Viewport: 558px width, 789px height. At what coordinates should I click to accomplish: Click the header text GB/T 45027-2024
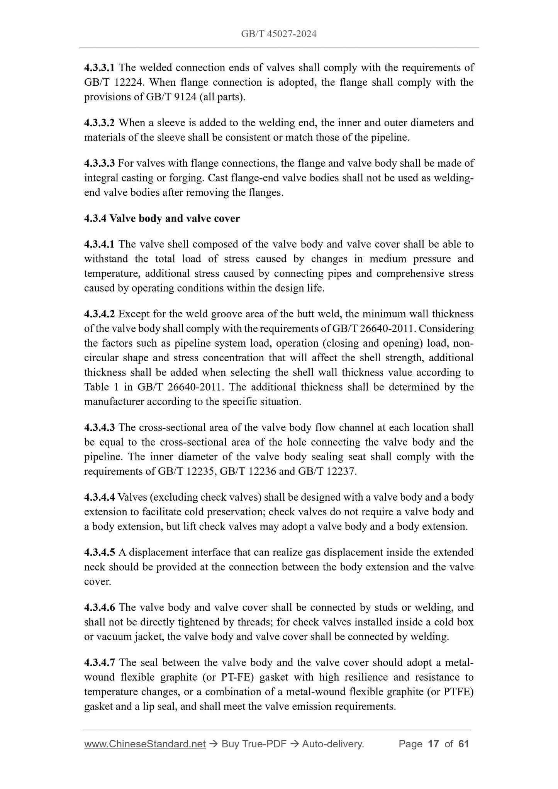[x=279, y=34]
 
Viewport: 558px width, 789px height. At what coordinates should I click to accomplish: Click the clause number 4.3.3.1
[x=99, y=68]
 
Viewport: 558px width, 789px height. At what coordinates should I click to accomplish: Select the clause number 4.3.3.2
[x=99, y=123]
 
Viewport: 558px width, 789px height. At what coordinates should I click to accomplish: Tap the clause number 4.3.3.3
[x=99, y=163]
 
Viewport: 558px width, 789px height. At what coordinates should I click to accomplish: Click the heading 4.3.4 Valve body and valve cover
[x=162, y=218]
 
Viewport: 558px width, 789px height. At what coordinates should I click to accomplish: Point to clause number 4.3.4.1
[x=99, y=244]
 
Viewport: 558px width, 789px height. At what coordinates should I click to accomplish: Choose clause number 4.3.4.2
[x=99, y=314]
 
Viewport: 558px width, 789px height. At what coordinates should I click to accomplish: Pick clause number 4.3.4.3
[x=99, y=427]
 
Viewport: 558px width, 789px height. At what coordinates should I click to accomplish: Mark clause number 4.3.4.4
[x=99, y=497]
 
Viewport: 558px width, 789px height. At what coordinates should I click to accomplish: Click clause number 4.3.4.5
[x=99, y=552]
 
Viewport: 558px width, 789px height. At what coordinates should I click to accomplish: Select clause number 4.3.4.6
[x=99, y=608]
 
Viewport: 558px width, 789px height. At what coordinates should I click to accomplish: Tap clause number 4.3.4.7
[x=99, y=663]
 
